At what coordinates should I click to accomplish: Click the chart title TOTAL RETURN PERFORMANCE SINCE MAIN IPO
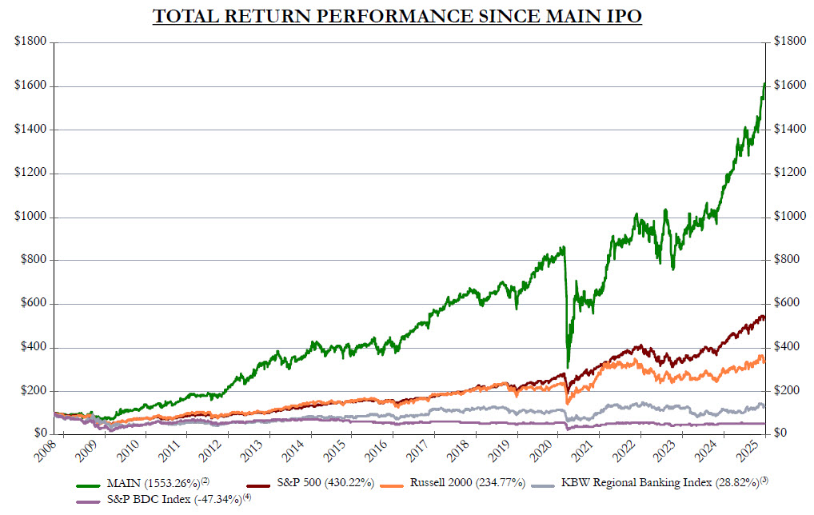(x=397, y=16)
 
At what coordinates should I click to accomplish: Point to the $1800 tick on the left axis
(x=30, y=42)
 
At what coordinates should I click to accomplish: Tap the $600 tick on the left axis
(x=33, y=304)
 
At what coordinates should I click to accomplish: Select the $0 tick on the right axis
(x=778, y=433)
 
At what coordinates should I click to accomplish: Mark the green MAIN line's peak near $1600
(x=764, y=83)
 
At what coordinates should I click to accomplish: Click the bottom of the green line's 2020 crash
(x=568, y=365)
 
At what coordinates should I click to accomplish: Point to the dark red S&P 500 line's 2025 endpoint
(x=764, y=318)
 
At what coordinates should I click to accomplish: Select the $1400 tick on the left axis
(x=30, y=130)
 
